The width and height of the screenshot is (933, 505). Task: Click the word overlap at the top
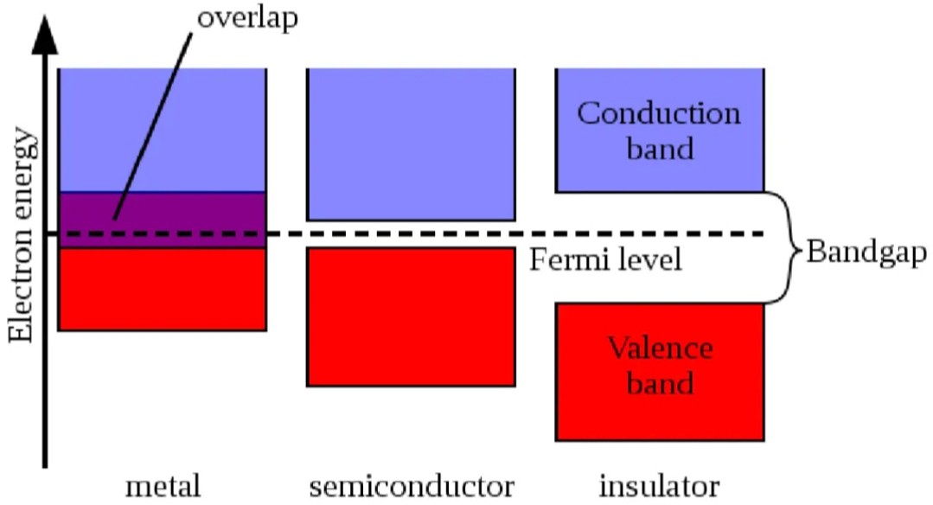(247, 18)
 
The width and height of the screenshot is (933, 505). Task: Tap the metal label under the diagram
(163, 486)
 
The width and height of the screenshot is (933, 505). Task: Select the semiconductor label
(412, 486)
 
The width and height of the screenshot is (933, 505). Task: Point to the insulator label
(659, 486)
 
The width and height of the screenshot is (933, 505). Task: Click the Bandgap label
(866, 252)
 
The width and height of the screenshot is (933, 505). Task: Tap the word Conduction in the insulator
(659, 113)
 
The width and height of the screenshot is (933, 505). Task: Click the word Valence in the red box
(660, 348)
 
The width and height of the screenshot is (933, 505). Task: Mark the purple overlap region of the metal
(162, 220)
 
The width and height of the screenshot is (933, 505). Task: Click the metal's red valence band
(162, 289)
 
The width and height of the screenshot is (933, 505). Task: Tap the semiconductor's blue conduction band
(411, 144)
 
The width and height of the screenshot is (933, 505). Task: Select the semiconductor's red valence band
(411, 317)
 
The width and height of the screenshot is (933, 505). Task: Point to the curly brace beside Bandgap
(789, 247)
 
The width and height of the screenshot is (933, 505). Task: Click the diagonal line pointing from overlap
(152, 126)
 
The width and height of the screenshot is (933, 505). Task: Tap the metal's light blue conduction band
(162, 131)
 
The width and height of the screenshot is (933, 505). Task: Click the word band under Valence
(660, 382)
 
